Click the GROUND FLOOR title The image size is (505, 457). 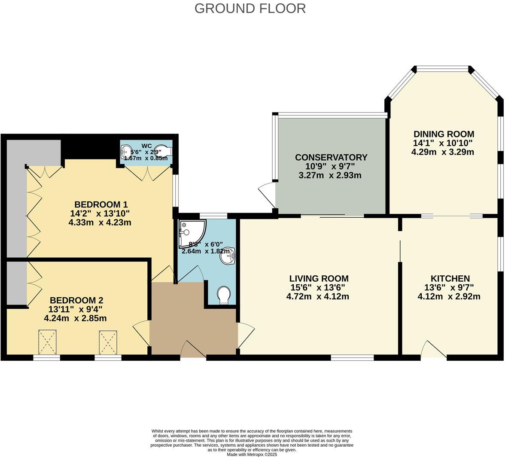coord(250,8)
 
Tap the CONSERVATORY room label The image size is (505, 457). coord(331,157)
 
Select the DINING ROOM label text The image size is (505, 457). coord(443,134)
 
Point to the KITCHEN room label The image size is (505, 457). coord(450,278)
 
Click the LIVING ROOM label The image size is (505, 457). coord(318,278)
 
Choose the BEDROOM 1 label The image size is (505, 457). coord(100,204)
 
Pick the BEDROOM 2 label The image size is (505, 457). coord(76,300)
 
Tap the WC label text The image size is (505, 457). coord(146,146)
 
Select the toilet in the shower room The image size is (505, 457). coord(224,296)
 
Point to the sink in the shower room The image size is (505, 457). coord(227,256)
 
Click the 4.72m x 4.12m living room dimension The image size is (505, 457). coord(317,296)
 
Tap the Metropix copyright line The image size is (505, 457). coord(252,454)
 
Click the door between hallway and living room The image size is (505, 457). coord(245,334)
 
